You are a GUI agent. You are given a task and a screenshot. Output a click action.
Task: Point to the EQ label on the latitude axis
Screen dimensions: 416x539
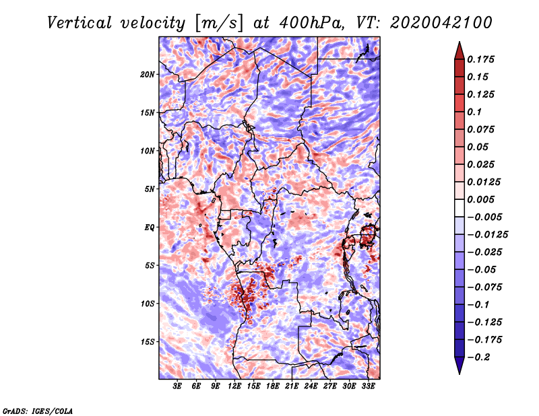coord(150,227)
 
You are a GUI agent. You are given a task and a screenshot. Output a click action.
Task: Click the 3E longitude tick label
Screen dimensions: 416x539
coord(178,386)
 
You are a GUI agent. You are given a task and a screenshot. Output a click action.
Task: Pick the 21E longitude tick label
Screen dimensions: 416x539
coord(292,386)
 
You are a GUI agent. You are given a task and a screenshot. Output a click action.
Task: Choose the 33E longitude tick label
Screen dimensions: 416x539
coord(369,386)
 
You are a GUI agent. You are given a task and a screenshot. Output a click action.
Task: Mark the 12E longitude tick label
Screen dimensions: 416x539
coord(235,386)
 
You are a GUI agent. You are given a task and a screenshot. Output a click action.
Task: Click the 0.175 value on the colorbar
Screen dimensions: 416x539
coord(482,59)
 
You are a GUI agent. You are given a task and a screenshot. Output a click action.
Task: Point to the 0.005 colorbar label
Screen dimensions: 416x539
coord(482,199)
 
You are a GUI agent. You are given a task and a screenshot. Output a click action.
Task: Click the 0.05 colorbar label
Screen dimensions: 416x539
coord(478,147)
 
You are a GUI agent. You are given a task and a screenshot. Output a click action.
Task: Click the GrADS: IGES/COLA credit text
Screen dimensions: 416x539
coord(37,410)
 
